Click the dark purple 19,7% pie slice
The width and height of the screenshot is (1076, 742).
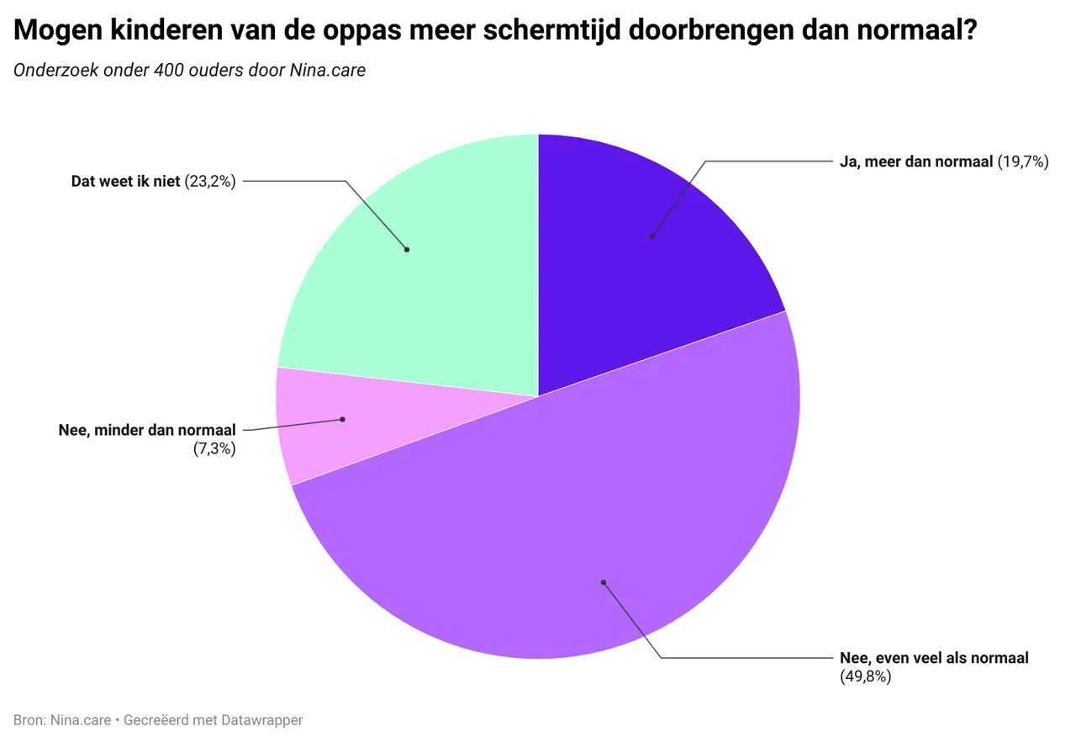pos(639,252)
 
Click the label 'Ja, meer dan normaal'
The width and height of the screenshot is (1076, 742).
pos(916,162)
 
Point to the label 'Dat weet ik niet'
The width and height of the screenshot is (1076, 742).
pos(125,181)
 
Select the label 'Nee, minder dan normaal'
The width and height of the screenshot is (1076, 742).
pos(147,430)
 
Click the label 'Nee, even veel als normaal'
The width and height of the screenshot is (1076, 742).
pos(934,658)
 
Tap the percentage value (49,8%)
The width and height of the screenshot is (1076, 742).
pos(865,676)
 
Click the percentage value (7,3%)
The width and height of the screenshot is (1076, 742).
pos(214,448)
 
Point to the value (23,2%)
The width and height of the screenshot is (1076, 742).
pos(210,181)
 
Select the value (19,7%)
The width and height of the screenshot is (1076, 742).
pos(1023,162)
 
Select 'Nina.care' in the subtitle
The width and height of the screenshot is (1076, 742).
pos(328,71)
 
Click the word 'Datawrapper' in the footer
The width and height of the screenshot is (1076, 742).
pos(261,720)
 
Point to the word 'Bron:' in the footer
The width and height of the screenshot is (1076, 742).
pos(29,720)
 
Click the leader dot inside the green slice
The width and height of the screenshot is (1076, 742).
pos(407,250)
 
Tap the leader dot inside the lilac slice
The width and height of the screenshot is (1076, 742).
pos(603,582)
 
